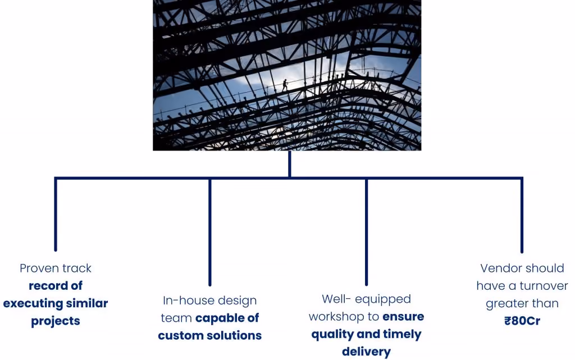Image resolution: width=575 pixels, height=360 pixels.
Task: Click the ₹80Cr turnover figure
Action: point(522,321)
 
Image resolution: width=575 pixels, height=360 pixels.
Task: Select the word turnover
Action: point(544,285)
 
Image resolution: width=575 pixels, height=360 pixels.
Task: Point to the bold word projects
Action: point(56,321)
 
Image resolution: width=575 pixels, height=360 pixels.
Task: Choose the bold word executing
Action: point(33,303)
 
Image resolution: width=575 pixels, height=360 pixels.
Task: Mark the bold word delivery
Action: point(366,352)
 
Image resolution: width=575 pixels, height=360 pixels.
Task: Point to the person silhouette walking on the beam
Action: point(285,85)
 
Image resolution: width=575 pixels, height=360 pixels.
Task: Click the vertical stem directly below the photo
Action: point(290,164)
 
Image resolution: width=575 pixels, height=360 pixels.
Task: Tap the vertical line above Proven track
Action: point(56,214)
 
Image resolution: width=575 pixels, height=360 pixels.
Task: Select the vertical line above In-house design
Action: point(210,232)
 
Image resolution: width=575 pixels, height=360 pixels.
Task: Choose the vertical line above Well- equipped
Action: point(366,232)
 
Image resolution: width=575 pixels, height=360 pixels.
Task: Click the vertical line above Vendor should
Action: point(522,215)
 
